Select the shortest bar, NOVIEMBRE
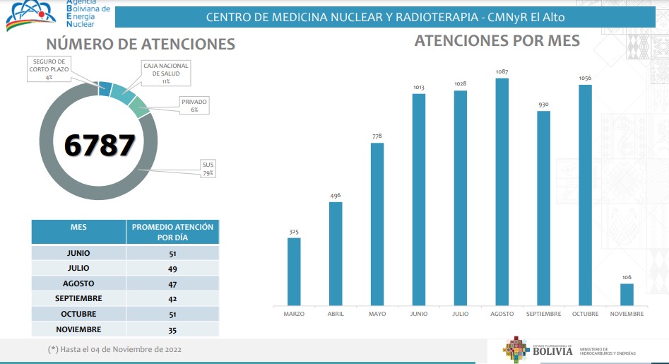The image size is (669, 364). tap(627, 295)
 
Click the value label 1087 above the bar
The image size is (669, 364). tap(502, 71)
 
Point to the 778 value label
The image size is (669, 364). tap(377, 136)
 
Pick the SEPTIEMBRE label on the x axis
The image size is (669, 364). tap(543, 314)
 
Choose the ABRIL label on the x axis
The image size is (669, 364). tap(336, 314)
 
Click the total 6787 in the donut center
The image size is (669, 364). tap(99, 145)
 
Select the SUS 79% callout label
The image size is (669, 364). tap(208, 168)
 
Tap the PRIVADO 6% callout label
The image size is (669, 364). tap(194, 105)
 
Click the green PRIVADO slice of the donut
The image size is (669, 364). tap(139, 107)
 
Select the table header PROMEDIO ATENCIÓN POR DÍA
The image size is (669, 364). tap(172, 232)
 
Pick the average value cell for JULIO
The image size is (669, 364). tap(172, 268)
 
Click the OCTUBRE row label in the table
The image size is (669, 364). tap(78, 314)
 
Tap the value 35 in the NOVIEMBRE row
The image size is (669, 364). tap(172, 329)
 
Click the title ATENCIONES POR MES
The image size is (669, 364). tap(497, 41)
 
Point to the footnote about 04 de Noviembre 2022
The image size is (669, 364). tap(114, 349)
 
